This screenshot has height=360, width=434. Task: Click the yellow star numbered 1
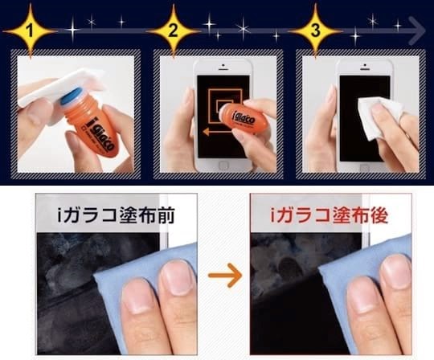(x=30, y=31)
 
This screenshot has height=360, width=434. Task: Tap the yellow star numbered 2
(x=173, y=31)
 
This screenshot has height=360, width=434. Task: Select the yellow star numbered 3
(x=316, y=31)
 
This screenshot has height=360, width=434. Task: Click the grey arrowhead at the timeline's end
(x=417, y=31)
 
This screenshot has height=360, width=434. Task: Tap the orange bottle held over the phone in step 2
(x=241, y=117)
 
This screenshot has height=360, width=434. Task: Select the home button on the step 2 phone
(x=223, y=166)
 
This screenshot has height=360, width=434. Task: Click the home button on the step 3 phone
(x=365, y=166)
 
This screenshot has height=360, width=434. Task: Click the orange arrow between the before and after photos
(x=225, y=275)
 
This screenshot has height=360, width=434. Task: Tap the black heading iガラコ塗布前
(x=117, y=215)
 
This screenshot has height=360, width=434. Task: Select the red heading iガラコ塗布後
(x=330, y=215)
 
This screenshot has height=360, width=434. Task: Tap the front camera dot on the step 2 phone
(x=223, y=66)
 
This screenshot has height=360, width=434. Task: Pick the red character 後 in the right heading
(x=379, y=215)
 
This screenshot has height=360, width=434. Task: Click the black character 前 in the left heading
(x=166, y=215)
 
